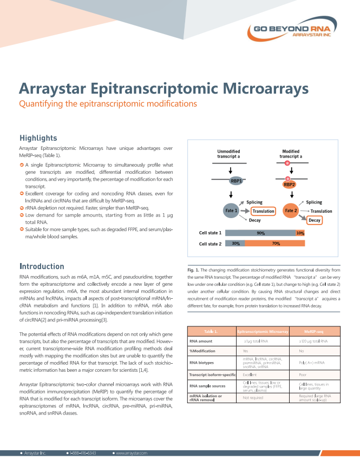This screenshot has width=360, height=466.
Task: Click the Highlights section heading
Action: [x=38, y=138]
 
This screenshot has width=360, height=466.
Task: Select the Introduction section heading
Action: [x=42, y=266]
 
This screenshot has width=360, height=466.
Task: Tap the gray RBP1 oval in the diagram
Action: [x=235, y=182]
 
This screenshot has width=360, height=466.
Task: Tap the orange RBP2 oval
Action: [x=289, y=184]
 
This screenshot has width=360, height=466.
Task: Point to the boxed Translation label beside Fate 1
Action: [x=264, y=211]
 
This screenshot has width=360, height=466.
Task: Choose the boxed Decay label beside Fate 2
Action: [x=315, y=220]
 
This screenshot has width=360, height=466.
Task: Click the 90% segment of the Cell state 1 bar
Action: [x=260, y=233]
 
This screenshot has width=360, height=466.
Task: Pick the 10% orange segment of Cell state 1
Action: [x=300, y=233]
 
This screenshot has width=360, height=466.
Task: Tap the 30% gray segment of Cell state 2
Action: [x=235, y=244]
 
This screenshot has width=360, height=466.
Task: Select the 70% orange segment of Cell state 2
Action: [x=276, y=244]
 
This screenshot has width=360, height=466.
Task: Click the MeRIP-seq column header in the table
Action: [x=313, y=331]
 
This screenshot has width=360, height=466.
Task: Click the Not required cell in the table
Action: [x=253, y=398]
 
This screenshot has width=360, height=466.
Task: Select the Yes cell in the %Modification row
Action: [x=246, y=351]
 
